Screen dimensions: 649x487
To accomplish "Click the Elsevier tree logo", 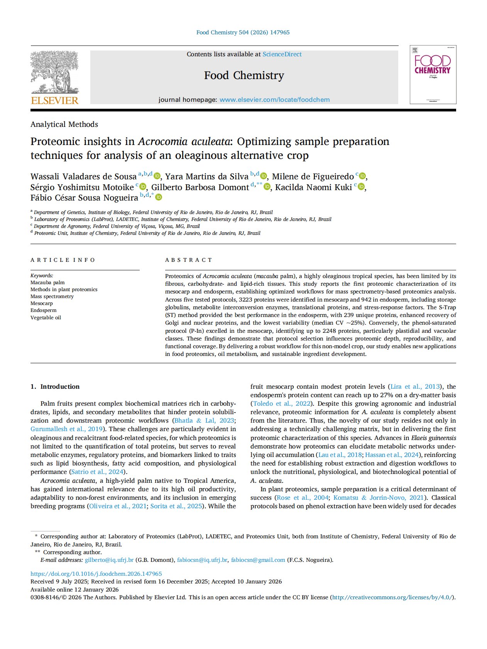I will click(54, 73).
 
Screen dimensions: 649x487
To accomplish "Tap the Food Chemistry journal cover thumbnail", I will click(433, 75).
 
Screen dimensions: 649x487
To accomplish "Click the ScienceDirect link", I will click(282, 54).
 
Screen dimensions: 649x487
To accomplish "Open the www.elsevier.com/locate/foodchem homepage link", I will click(274, 100).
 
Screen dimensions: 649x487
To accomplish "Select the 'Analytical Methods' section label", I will click(64, 125).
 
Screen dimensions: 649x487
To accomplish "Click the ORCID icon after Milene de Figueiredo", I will click(362, 176).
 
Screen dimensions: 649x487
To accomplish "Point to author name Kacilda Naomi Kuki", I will click(313, 187).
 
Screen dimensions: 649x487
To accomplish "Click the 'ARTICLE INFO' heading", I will click(63, 260).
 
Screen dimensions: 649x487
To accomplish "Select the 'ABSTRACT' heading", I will click(188, 260).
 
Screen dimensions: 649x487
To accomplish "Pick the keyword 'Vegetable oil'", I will click(46, 318).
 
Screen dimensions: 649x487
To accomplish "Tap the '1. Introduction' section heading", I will click(55, 387).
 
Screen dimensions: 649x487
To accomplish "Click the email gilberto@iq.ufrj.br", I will click(109, 560).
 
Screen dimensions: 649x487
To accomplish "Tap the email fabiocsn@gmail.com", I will click(258, 560).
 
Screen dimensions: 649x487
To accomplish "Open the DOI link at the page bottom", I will click(96, 574).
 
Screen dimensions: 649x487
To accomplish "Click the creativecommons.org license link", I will click(392, 597).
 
